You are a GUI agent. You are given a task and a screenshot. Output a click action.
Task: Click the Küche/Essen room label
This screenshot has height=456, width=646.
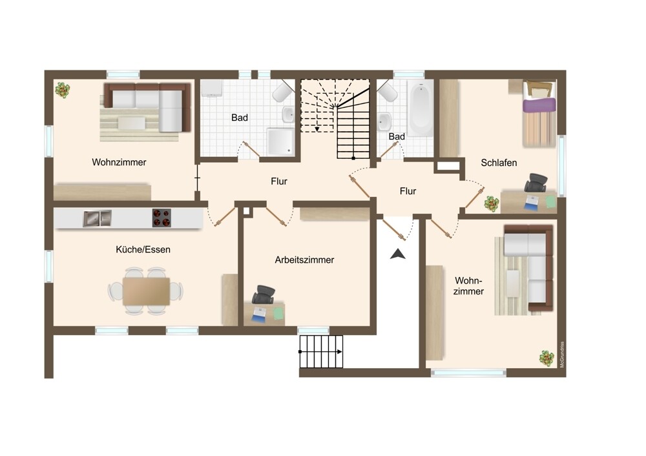[x=143, y=249]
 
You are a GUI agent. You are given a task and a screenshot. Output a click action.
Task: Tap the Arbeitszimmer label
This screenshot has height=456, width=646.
[x=304, y=260]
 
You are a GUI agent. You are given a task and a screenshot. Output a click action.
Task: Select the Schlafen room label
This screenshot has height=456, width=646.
[x=499, y=163]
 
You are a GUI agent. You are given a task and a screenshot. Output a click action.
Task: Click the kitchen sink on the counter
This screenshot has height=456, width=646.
[x=98, y=218]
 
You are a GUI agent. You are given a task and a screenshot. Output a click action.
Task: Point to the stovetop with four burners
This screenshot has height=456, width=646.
[x=161, y=218]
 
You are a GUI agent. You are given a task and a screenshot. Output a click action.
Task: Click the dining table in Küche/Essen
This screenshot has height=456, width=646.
[x=146, y=291]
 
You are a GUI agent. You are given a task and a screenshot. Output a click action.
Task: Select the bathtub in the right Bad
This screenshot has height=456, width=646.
[x=421, y=108]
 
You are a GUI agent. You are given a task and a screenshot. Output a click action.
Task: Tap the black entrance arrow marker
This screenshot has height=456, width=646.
[x=398, y=254]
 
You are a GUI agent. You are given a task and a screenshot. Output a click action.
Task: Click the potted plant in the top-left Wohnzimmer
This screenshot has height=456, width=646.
[x=62, y=90]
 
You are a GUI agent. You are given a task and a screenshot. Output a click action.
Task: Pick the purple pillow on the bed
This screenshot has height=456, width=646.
[x=539, y=105]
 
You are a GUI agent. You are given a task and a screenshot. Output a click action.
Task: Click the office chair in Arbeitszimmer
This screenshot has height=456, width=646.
[x=264, y=294]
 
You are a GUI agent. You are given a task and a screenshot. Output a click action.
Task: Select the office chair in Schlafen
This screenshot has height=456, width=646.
[x=536, y=183]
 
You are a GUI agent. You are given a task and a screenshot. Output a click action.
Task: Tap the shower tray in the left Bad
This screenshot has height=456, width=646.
[x=280, y=141]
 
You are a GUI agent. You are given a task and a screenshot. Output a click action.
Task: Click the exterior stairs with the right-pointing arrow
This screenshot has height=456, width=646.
[x=321, y=351]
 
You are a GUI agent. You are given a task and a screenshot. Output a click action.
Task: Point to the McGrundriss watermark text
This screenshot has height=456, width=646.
[x=562, y=354]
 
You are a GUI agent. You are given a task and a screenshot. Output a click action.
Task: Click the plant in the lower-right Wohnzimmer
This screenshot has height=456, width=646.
[x=547, y=358]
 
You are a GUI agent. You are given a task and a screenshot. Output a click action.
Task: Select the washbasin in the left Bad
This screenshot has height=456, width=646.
[x=288, y=114]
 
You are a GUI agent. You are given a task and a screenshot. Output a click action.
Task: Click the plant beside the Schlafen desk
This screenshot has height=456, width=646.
[x=491, y=203]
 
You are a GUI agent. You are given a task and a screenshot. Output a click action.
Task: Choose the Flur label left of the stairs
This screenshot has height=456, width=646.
[x=279, y=181]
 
